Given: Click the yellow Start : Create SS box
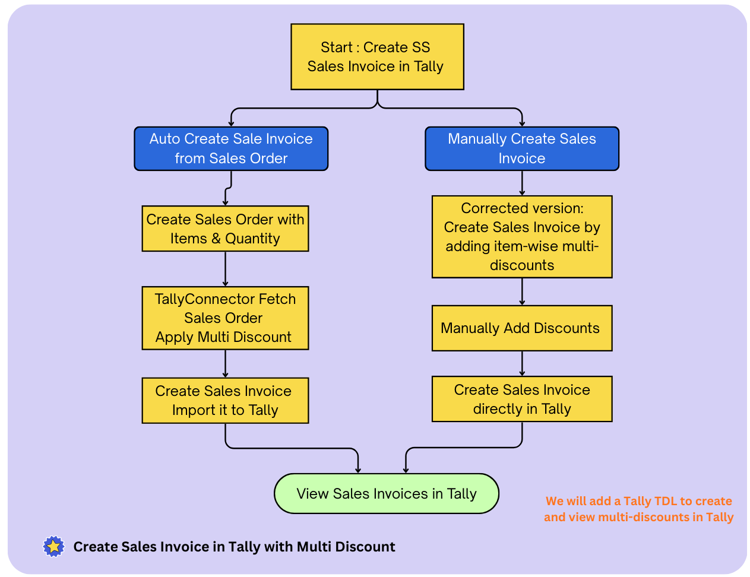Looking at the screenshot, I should coord(377,57).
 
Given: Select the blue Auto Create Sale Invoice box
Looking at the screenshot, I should coord(231,148).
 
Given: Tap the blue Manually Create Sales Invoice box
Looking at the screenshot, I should coord(522,148).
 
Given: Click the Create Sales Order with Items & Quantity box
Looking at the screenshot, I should coord(225,229).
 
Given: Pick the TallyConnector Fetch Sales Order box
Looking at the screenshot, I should coord(225,318).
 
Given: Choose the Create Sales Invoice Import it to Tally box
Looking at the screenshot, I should coord(225,401).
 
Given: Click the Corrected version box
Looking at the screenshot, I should coord(522,237).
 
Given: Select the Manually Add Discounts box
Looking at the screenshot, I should coord(522,328).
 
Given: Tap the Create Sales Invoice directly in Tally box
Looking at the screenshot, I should coord(522,399).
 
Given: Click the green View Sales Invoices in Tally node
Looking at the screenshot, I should coord(387,493).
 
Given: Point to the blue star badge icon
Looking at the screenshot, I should coord(53,546).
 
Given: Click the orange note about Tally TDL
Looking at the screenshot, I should coord(638,509).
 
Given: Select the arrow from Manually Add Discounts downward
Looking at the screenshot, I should coord(522,363).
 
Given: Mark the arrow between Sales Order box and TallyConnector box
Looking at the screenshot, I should coord(225,269).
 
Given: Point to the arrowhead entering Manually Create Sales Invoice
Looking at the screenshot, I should coord(522,123).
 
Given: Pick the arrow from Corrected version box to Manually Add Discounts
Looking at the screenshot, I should coord(522,291).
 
